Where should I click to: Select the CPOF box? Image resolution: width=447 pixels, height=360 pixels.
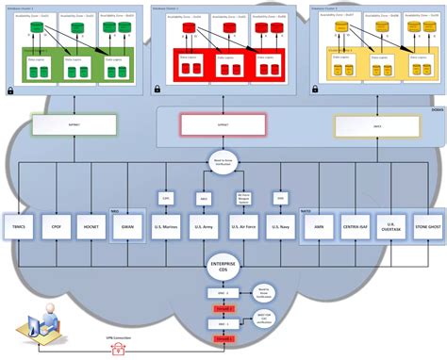coord(58,227)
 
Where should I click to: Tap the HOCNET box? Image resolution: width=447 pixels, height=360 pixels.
coord(91,227)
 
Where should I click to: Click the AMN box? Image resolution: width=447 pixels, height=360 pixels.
coord(319,227)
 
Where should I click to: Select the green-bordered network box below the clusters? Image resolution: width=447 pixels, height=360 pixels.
coord(74,123)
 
